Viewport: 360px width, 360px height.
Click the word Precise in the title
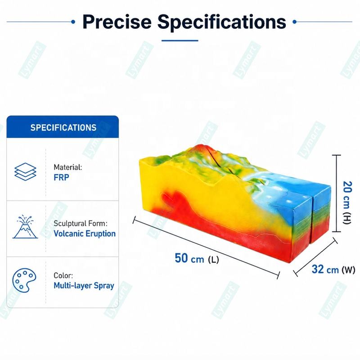(117, 22)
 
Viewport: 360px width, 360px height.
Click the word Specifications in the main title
(221, 22)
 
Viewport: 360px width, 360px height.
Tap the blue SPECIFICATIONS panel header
(63, 127)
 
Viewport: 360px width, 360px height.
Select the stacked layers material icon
(25, 171)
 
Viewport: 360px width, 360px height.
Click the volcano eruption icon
(25, 227)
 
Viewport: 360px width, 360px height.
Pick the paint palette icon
(24, 280)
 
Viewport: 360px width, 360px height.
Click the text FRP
(61, 177)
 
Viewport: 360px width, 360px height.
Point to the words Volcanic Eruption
(85, 234)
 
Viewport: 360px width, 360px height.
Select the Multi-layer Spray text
(84, 286)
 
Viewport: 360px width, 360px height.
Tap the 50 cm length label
(197, 258)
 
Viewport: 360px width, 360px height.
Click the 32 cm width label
(333, 269)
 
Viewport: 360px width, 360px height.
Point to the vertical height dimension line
(337, 193)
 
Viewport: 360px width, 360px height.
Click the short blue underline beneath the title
(180, 40)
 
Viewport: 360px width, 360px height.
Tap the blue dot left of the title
(73, 22)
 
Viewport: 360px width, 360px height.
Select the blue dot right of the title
(295, 22)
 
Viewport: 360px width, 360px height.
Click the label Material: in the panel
(68, 167)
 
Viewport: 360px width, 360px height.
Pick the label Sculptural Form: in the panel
(81, 223)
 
